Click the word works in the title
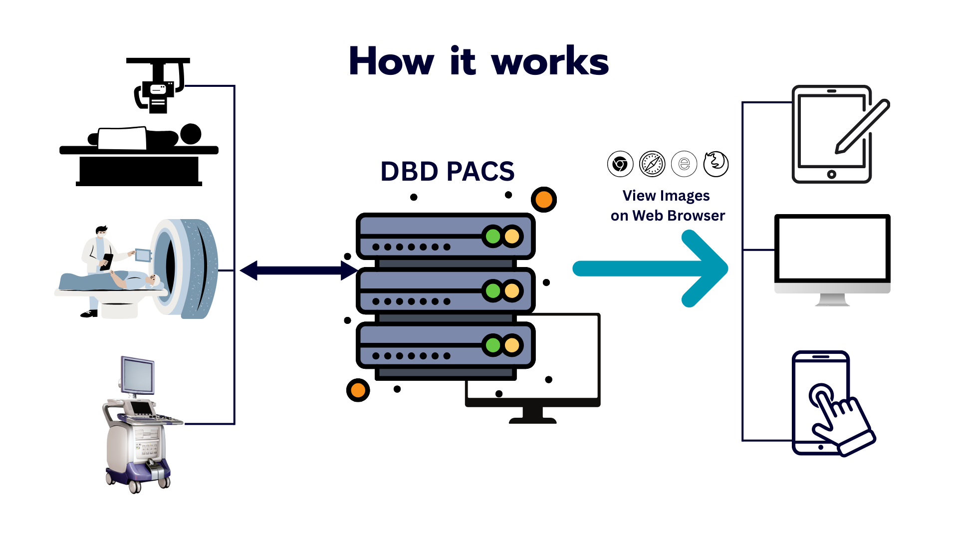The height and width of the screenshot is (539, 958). (x=550, y=62)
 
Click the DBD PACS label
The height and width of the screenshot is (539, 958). (x=447, y=172)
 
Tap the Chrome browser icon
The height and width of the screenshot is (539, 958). (x=620, y=164)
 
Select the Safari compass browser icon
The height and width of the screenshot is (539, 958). (x=652, y=164)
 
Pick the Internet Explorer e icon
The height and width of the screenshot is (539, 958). (x=684, y=164)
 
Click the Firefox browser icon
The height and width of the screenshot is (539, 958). (x=716, y=164)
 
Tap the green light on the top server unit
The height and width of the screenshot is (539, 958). (x=493, y=236)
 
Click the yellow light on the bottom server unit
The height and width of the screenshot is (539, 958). (x=512, y=345)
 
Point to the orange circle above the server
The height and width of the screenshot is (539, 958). (x=544, y=200)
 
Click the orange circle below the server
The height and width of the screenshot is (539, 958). (x=358, y=390)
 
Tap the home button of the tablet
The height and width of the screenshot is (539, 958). (x=831, y=174)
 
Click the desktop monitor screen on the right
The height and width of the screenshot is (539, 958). (x=832, y=248)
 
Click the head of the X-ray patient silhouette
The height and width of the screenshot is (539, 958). (x=190, y=134)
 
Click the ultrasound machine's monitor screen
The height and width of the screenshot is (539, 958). (x=137, y=375)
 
